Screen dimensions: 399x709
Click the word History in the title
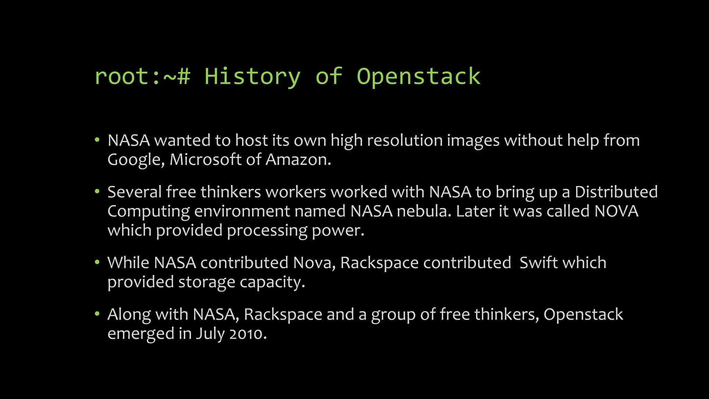pyautogui.click(x=252, y=77)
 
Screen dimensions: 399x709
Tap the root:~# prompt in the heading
pyautogui.click(x=142, y=77)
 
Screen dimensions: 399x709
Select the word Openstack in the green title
pyautogui.click(x=419, y=77)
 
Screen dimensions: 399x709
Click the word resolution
pyautogui.click(x=405, y=141)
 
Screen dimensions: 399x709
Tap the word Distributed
pyautogui.click(x=616, y=192)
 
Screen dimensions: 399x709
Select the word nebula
pyautogui.click(x=424, y=211)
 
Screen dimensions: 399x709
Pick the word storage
pyautogui.click(x=207, y=282)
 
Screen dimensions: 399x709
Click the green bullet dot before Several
pyautogui.click(x=97, y=192)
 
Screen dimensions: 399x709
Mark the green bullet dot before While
pyautogui.click(x=97, y=262)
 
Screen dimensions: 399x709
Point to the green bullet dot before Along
pyautogui.click(x=97, y=314)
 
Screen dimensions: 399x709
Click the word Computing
pyautogui.click(x=149, y=212)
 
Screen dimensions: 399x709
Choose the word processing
pyautogui.click(x=267, y=231)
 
